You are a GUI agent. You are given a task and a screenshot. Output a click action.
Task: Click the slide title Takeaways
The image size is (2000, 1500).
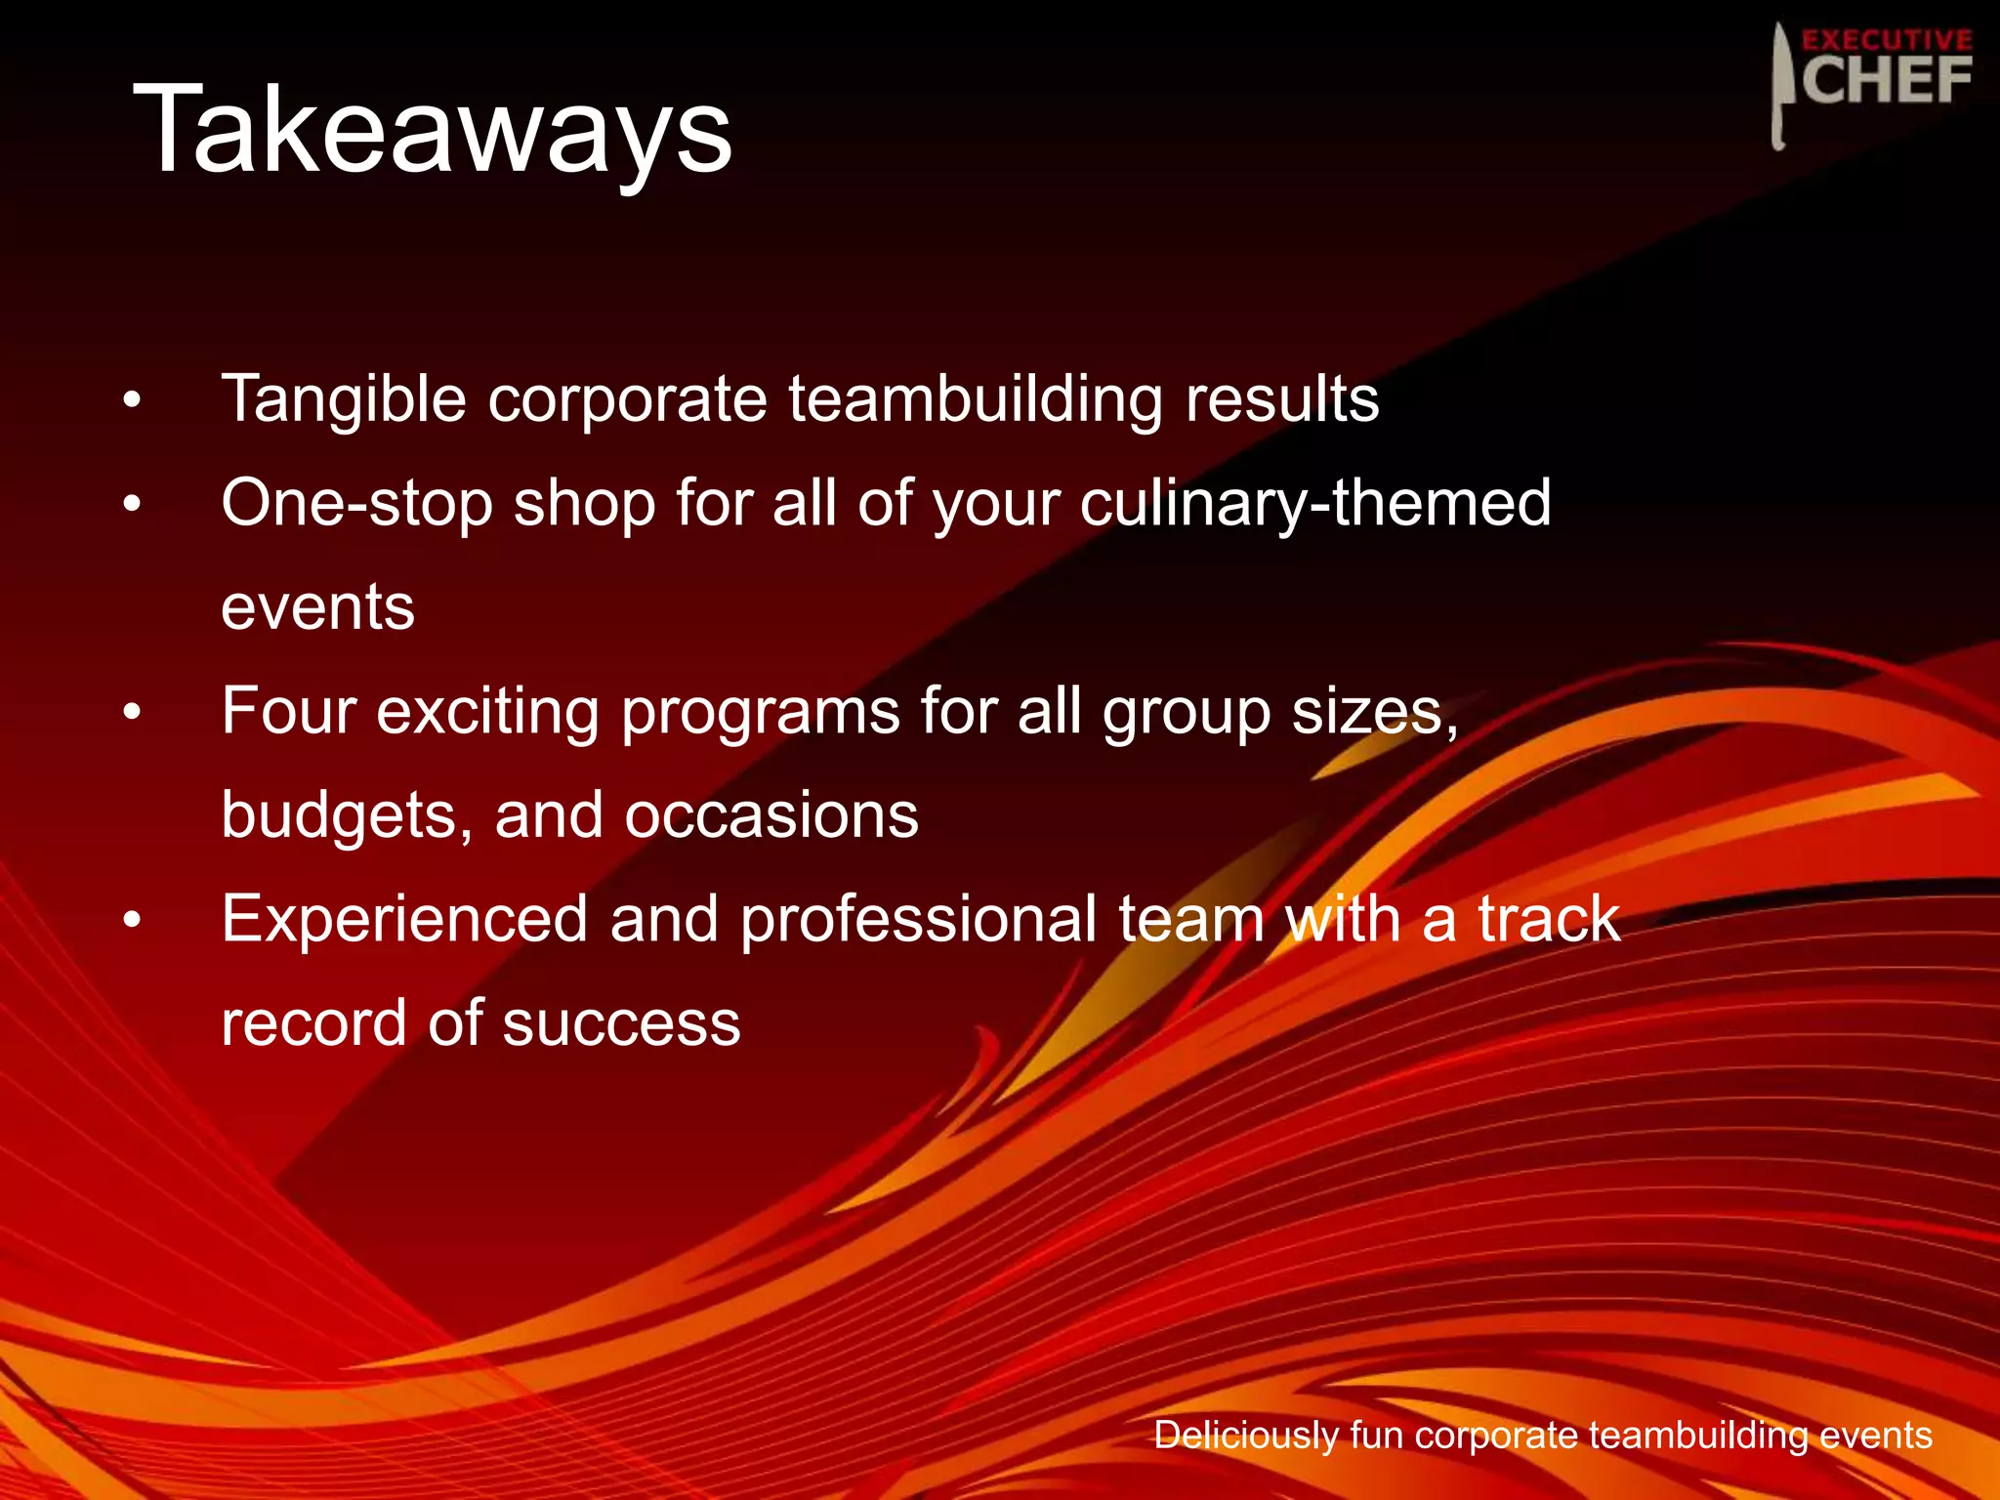pos(432,129)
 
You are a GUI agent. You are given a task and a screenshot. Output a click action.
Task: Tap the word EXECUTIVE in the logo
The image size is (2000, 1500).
pos(1886,40)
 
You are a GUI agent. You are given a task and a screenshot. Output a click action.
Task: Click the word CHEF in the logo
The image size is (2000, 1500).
pos(1886,81)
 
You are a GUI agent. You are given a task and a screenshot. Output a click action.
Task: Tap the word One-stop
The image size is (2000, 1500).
pos(356,504)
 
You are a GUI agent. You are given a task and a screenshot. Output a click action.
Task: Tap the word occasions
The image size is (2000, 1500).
pos(771,815)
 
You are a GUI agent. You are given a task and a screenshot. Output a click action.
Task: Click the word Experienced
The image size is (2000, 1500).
pos(404,921)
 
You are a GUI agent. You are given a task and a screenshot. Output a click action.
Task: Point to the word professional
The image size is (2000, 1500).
pos(918,921)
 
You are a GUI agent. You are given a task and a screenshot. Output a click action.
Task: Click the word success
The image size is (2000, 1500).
pos(621,1023)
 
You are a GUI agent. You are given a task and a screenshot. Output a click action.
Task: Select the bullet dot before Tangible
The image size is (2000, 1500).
pos(133,399)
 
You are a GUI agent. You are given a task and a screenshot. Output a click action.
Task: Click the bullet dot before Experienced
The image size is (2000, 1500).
pos(133,920)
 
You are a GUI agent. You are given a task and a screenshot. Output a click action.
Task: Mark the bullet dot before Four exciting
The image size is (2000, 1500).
pos(133,712)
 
